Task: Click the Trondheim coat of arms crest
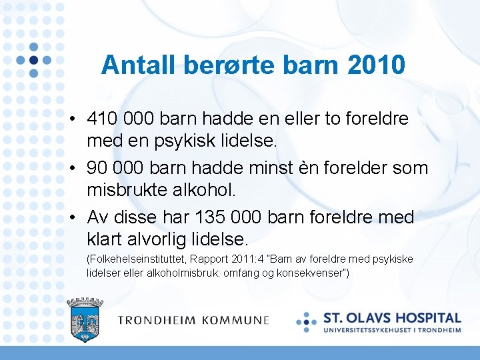(85, 319)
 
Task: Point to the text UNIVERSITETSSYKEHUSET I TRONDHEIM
(393, 329)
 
